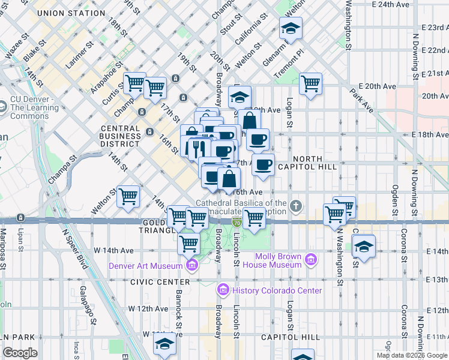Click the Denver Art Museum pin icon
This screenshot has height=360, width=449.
coord(192,266)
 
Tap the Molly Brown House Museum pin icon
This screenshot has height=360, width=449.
coord(310,260)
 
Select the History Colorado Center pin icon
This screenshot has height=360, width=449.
coord(223,290)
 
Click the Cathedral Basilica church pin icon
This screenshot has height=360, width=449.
coord(295,207)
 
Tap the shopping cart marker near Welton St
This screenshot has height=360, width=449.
coord(128,196)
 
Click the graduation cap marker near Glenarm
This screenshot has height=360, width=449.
coord(291,28)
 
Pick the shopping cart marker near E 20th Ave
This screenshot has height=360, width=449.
coord(311,83)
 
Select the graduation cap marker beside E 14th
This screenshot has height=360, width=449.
coord(364,246)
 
